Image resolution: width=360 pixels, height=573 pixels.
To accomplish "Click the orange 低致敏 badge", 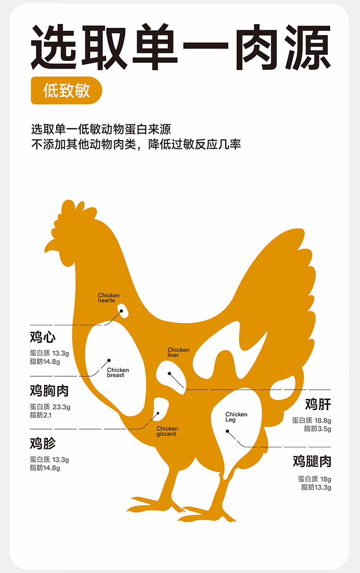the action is [x=67, y=90].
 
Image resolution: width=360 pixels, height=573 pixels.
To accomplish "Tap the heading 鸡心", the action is [x=43, y=337].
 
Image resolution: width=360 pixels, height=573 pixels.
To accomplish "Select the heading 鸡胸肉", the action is [x=49, y=391].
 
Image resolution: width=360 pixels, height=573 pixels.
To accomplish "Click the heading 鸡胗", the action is [x=43, y=442].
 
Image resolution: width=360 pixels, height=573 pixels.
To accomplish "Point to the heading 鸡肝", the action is [x=318, y=404].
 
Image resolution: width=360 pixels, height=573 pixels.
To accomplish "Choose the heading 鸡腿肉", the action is [x=312, y=462].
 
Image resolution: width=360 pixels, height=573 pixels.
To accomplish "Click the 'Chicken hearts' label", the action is [x=109, y=298].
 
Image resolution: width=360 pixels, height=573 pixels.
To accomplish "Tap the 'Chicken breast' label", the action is [x=118, y=372].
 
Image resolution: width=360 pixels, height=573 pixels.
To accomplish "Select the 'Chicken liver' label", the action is [x=178, y=352].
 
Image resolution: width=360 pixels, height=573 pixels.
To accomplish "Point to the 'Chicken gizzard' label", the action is [x=167, y=431].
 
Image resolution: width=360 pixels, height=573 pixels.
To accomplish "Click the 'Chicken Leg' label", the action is [x=236, y=417].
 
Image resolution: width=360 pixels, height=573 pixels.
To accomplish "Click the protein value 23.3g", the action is [x=61, y=407].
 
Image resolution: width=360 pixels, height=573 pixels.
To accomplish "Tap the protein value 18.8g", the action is [x=322, y=420].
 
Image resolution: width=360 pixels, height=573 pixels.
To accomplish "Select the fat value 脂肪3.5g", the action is [x=317, y=429].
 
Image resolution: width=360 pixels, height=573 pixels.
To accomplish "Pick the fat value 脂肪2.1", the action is [x=41, y=415].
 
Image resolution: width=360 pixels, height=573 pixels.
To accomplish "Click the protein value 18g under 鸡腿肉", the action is [x=325, y=479].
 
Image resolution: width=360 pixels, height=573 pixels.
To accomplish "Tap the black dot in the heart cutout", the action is [x=121, y=311].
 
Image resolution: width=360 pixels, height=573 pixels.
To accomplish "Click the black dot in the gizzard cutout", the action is [x=158, y=413].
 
